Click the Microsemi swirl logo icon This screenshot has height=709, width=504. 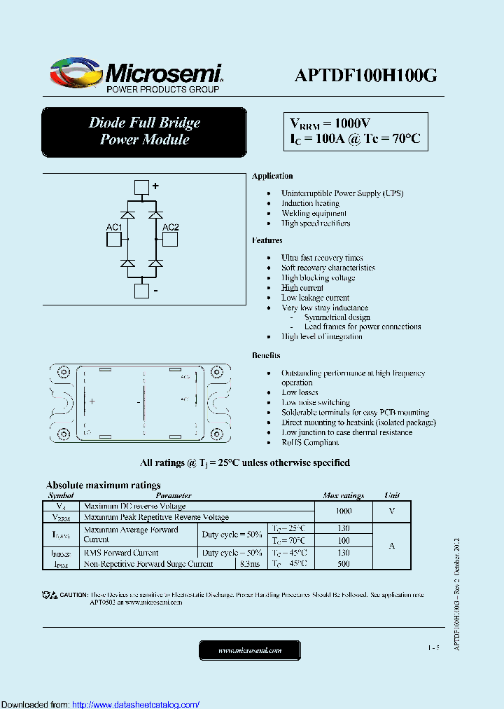tap(76, 74)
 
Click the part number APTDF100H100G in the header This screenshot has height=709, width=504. tap(365, 76)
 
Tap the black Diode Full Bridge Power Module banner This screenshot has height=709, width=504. tap(144, 131)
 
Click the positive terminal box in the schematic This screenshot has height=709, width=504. tap(141, 187)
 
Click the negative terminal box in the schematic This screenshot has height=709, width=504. tap(141, 291)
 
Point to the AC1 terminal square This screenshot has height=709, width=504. tap(114, 240)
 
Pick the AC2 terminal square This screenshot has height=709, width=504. tap(170, 240)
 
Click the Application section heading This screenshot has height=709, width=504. tap(272, 176)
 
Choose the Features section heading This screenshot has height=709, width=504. tap(267, 240)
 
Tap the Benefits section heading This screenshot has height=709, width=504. tap(266, 356)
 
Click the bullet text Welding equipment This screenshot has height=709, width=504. tap(314, 213)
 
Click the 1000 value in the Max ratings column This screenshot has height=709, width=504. tap(343, 511)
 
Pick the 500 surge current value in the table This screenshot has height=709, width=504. tap(343, 563)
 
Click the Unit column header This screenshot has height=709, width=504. tap(392, 495)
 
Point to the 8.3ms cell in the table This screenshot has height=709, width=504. tap(250, 563)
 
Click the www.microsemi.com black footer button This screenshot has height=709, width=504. tap(250, 650)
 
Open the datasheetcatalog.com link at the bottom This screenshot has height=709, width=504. tap(136, 704)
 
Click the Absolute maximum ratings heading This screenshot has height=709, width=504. tap(104, 485)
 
